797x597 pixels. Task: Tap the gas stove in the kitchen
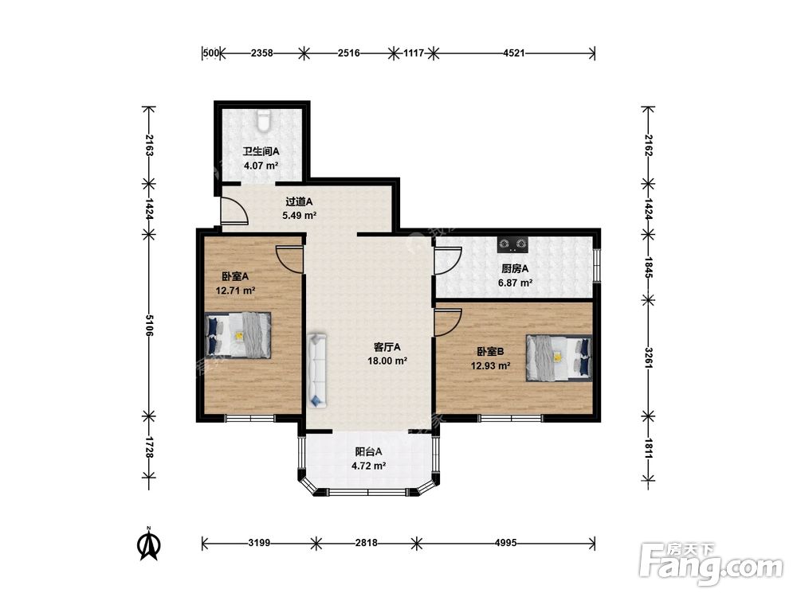click(512, 244)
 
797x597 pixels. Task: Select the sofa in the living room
click(316, 370)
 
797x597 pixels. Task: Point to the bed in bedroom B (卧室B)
click(559, 357)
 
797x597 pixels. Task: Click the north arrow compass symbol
click(150, 544)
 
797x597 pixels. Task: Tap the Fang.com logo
click(712, 564)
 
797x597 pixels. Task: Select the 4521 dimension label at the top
click(513, 53)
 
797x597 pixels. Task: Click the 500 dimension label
click(211, 53)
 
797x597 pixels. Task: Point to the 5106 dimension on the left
click(149, 325)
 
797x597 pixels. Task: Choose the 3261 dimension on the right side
click(648, 357)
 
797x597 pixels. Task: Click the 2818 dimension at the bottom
click(366, 543)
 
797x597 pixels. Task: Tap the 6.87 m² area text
click(515, 283)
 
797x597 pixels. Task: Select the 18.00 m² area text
click(387, 361)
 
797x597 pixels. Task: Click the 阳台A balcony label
click(368, 451)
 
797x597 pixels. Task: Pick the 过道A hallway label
click(298, 201)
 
